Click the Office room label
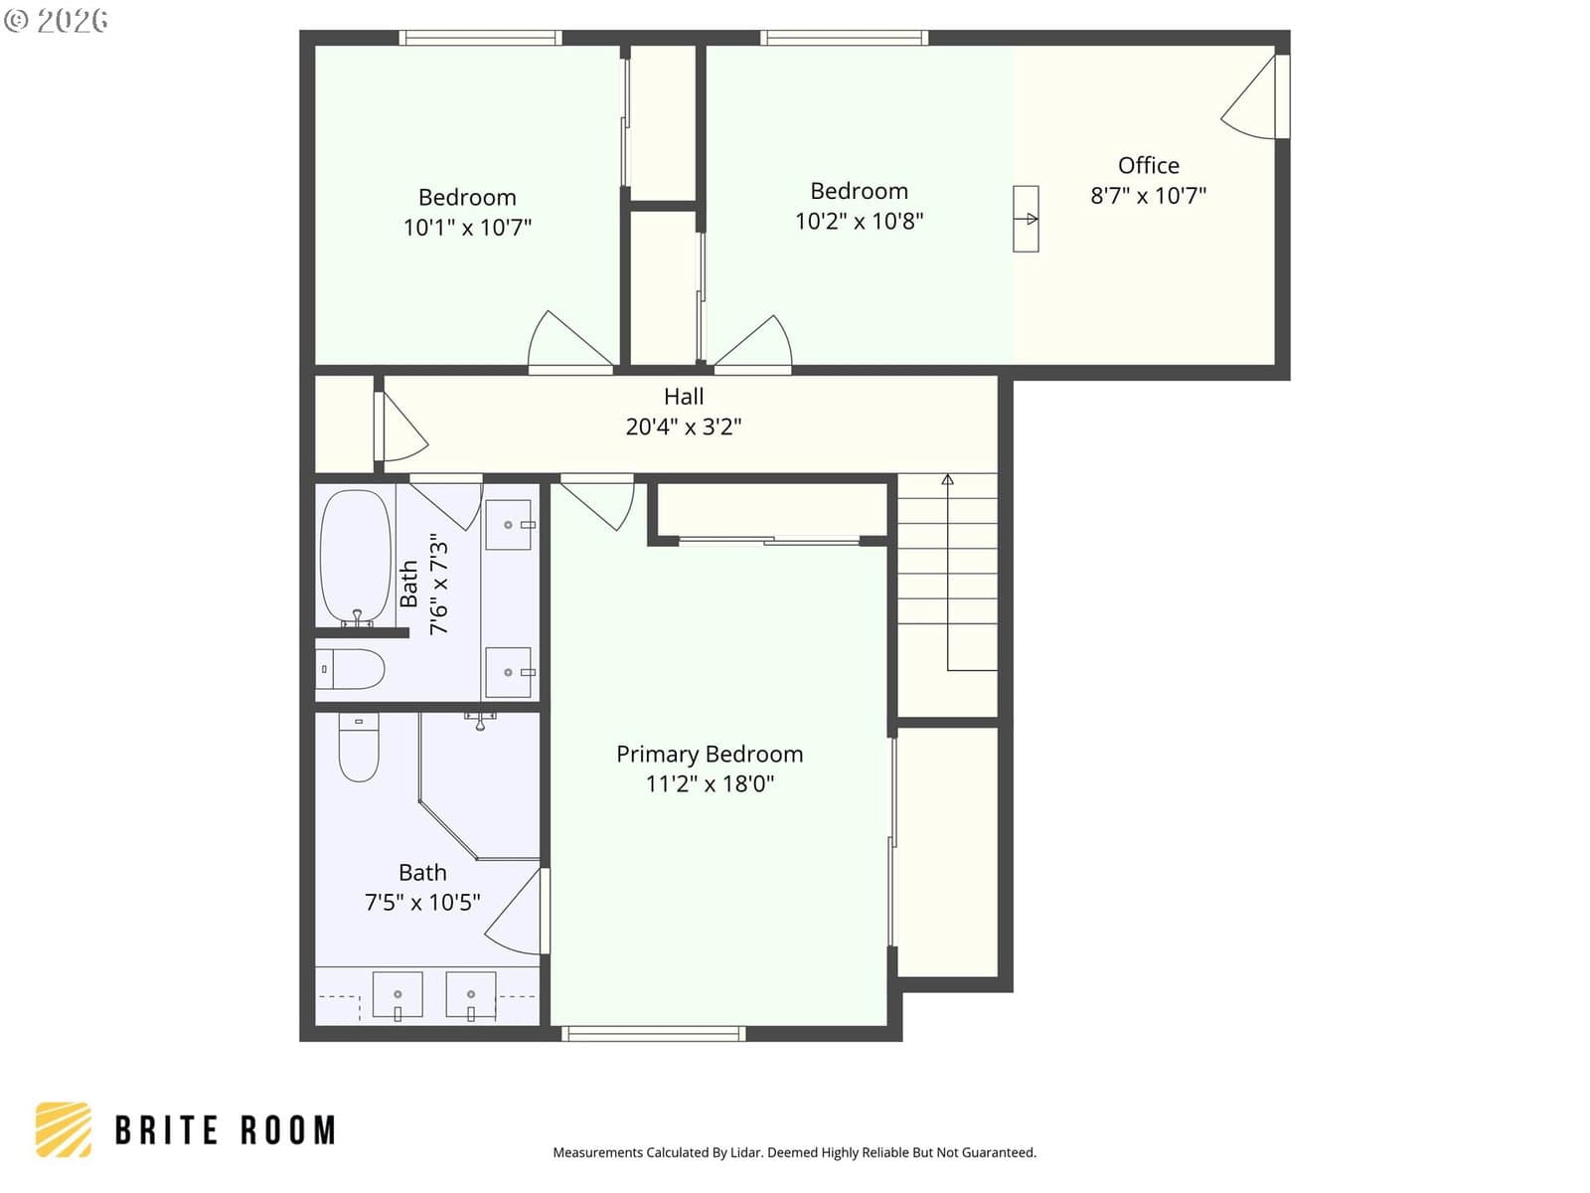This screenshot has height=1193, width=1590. coord(1148,165)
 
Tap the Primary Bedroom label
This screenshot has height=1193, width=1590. coord(710,754)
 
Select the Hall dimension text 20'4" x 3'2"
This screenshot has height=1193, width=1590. coord(683,426)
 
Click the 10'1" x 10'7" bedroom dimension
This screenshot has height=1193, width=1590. coord(467,228)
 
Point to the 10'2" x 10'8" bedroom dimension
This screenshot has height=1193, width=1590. coord(860,221)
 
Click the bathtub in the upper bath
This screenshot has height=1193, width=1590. coord(356,557)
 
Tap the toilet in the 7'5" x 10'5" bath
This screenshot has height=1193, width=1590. coord(359,748)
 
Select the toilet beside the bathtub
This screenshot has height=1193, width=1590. coord(350,668)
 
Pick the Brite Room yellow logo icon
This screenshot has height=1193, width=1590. coord(64,1129)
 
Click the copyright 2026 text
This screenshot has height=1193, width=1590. coord(57,20)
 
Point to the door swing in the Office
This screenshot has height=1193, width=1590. coord(1248,97)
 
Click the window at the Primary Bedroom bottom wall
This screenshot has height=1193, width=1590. coord(653,1033)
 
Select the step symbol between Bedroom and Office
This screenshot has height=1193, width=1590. coord(1026,219)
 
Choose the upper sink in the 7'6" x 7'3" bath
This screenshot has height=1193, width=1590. coord(509,525)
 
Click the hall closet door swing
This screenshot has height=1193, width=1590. coord(404,426)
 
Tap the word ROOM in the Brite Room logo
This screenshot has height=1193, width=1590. coord(288,1130)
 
